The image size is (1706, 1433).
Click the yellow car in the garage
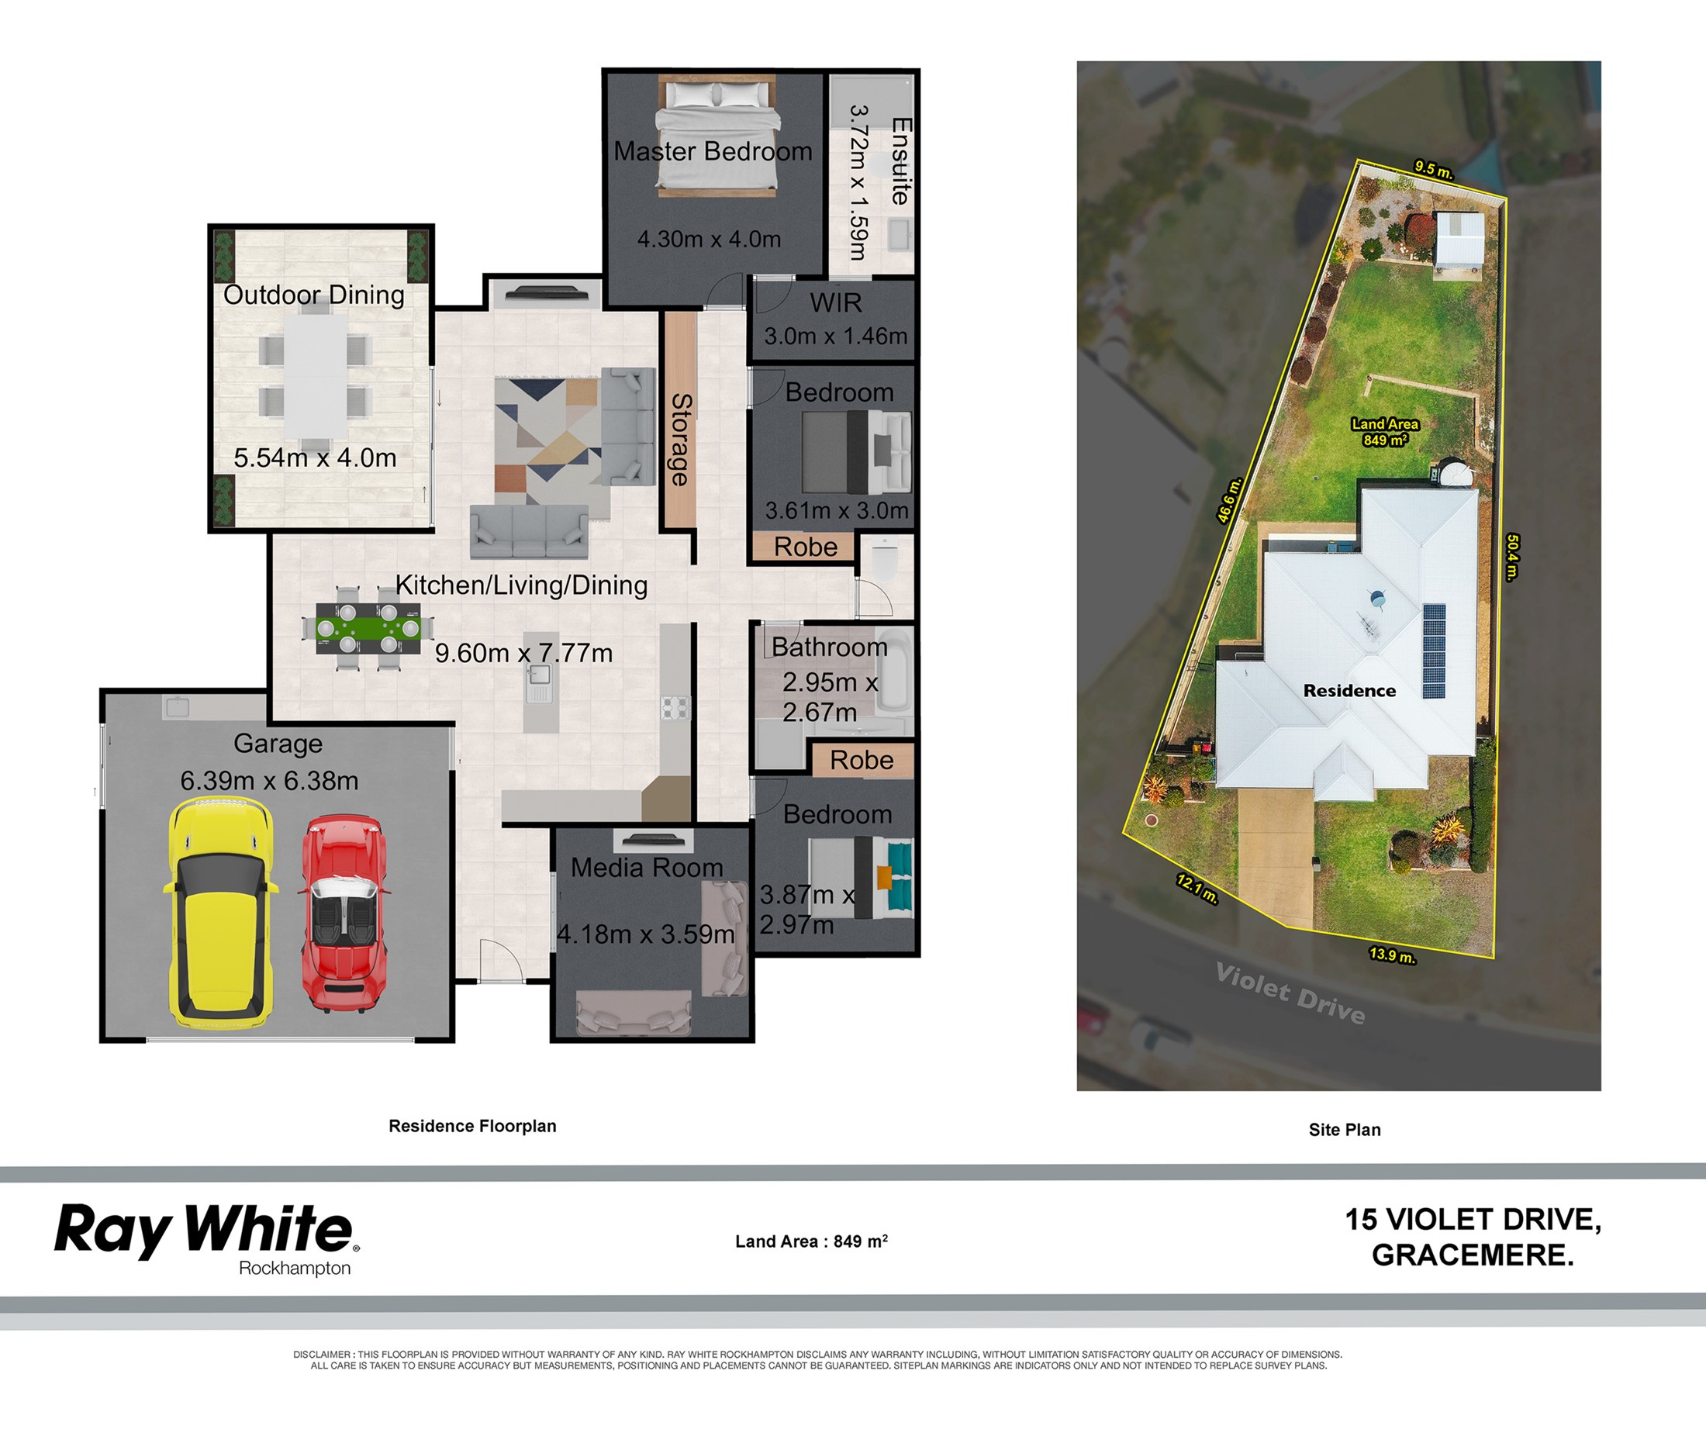coord(220,911)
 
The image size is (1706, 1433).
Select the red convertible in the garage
coord(344,915)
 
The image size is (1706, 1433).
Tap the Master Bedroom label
coord(713,151)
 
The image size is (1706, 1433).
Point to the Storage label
coord(681,440)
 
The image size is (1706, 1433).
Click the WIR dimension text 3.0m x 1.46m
coord(836,336)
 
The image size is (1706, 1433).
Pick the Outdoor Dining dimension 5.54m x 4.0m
coord(315,458)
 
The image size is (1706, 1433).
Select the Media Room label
coord(647,868)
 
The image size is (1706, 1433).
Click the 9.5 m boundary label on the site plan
coord(1434,171)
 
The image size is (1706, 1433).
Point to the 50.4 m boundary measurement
coord(1512,558)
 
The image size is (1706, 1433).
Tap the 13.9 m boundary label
coord(1393,955)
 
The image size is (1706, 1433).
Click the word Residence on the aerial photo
coord(1349,690)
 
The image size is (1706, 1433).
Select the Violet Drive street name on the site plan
coord(1290,993)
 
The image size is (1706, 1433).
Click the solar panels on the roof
coord(1434,651)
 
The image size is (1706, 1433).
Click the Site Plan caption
coord(1345,1129)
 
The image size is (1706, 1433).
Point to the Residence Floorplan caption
coord(472,1126)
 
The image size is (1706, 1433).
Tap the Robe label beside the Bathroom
coord(862,761)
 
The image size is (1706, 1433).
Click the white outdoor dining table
coord(316,375)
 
